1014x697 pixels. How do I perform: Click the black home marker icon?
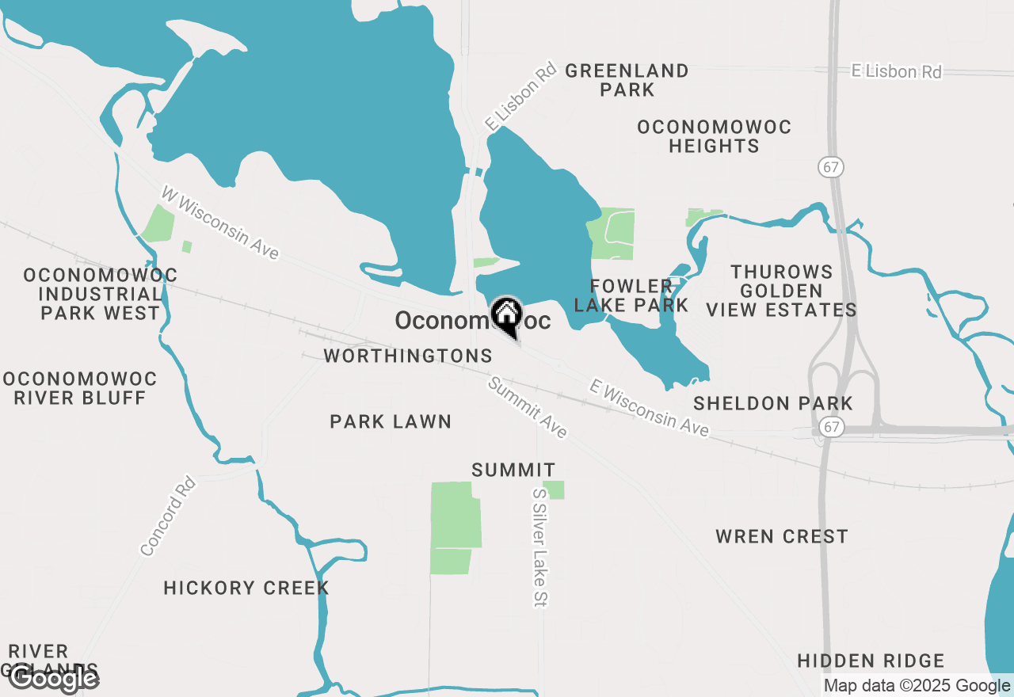(506, 317)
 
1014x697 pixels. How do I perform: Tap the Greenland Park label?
(627, 80)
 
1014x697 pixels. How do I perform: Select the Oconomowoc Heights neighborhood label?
(714, 136)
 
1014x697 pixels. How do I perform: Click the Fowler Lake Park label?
(631, 295)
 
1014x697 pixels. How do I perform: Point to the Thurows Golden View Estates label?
(781, 291)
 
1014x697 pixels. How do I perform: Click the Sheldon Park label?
(773, 403)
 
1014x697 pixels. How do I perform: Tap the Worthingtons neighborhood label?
(408, 356)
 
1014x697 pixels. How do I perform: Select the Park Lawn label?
(391, 421)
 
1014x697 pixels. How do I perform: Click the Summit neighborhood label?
(513, 470)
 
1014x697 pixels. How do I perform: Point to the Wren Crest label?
(782, 536)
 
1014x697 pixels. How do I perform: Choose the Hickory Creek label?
(246, 588)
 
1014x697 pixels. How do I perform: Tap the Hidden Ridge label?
(871, 661)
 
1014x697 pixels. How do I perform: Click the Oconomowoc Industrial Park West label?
(101, 294)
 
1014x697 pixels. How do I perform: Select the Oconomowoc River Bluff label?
(79, 388)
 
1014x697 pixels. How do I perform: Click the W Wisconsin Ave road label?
(220, 223)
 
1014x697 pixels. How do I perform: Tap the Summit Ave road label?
(528, 407)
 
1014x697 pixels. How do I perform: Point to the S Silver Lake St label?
(539, 547)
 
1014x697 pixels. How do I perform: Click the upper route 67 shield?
(832, 167)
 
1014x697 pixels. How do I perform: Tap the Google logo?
(54, 679)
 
